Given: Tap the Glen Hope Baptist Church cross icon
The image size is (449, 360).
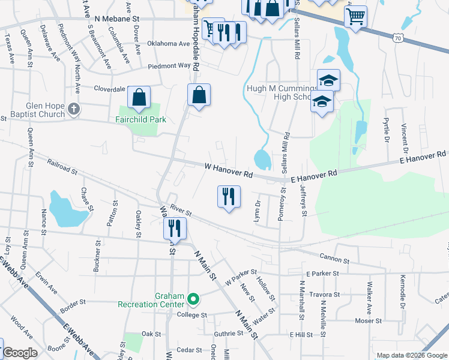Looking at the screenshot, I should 74,109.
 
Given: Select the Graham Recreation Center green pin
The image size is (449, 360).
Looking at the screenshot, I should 193,298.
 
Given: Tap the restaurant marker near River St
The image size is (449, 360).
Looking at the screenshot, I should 175,228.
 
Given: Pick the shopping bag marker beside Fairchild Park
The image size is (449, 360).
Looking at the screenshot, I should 139,97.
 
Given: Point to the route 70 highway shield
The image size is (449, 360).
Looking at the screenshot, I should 399,38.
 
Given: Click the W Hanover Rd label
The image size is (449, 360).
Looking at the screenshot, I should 228,170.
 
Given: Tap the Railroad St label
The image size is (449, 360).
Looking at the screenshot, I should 62,166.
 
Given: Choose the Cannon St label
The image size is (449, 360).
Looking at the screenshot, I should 334,260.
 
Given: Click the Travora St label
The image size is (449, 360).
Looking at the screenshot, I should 324,295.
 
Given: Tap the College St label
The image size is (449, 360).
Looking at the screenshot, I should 191,314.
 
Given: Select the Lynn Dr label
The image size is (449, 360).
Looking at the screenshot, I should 258,211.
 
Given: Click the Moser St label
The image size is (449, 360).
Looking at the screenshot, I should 381,320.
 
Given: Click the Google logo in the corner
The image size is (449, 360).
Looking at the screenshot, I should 20,352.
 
